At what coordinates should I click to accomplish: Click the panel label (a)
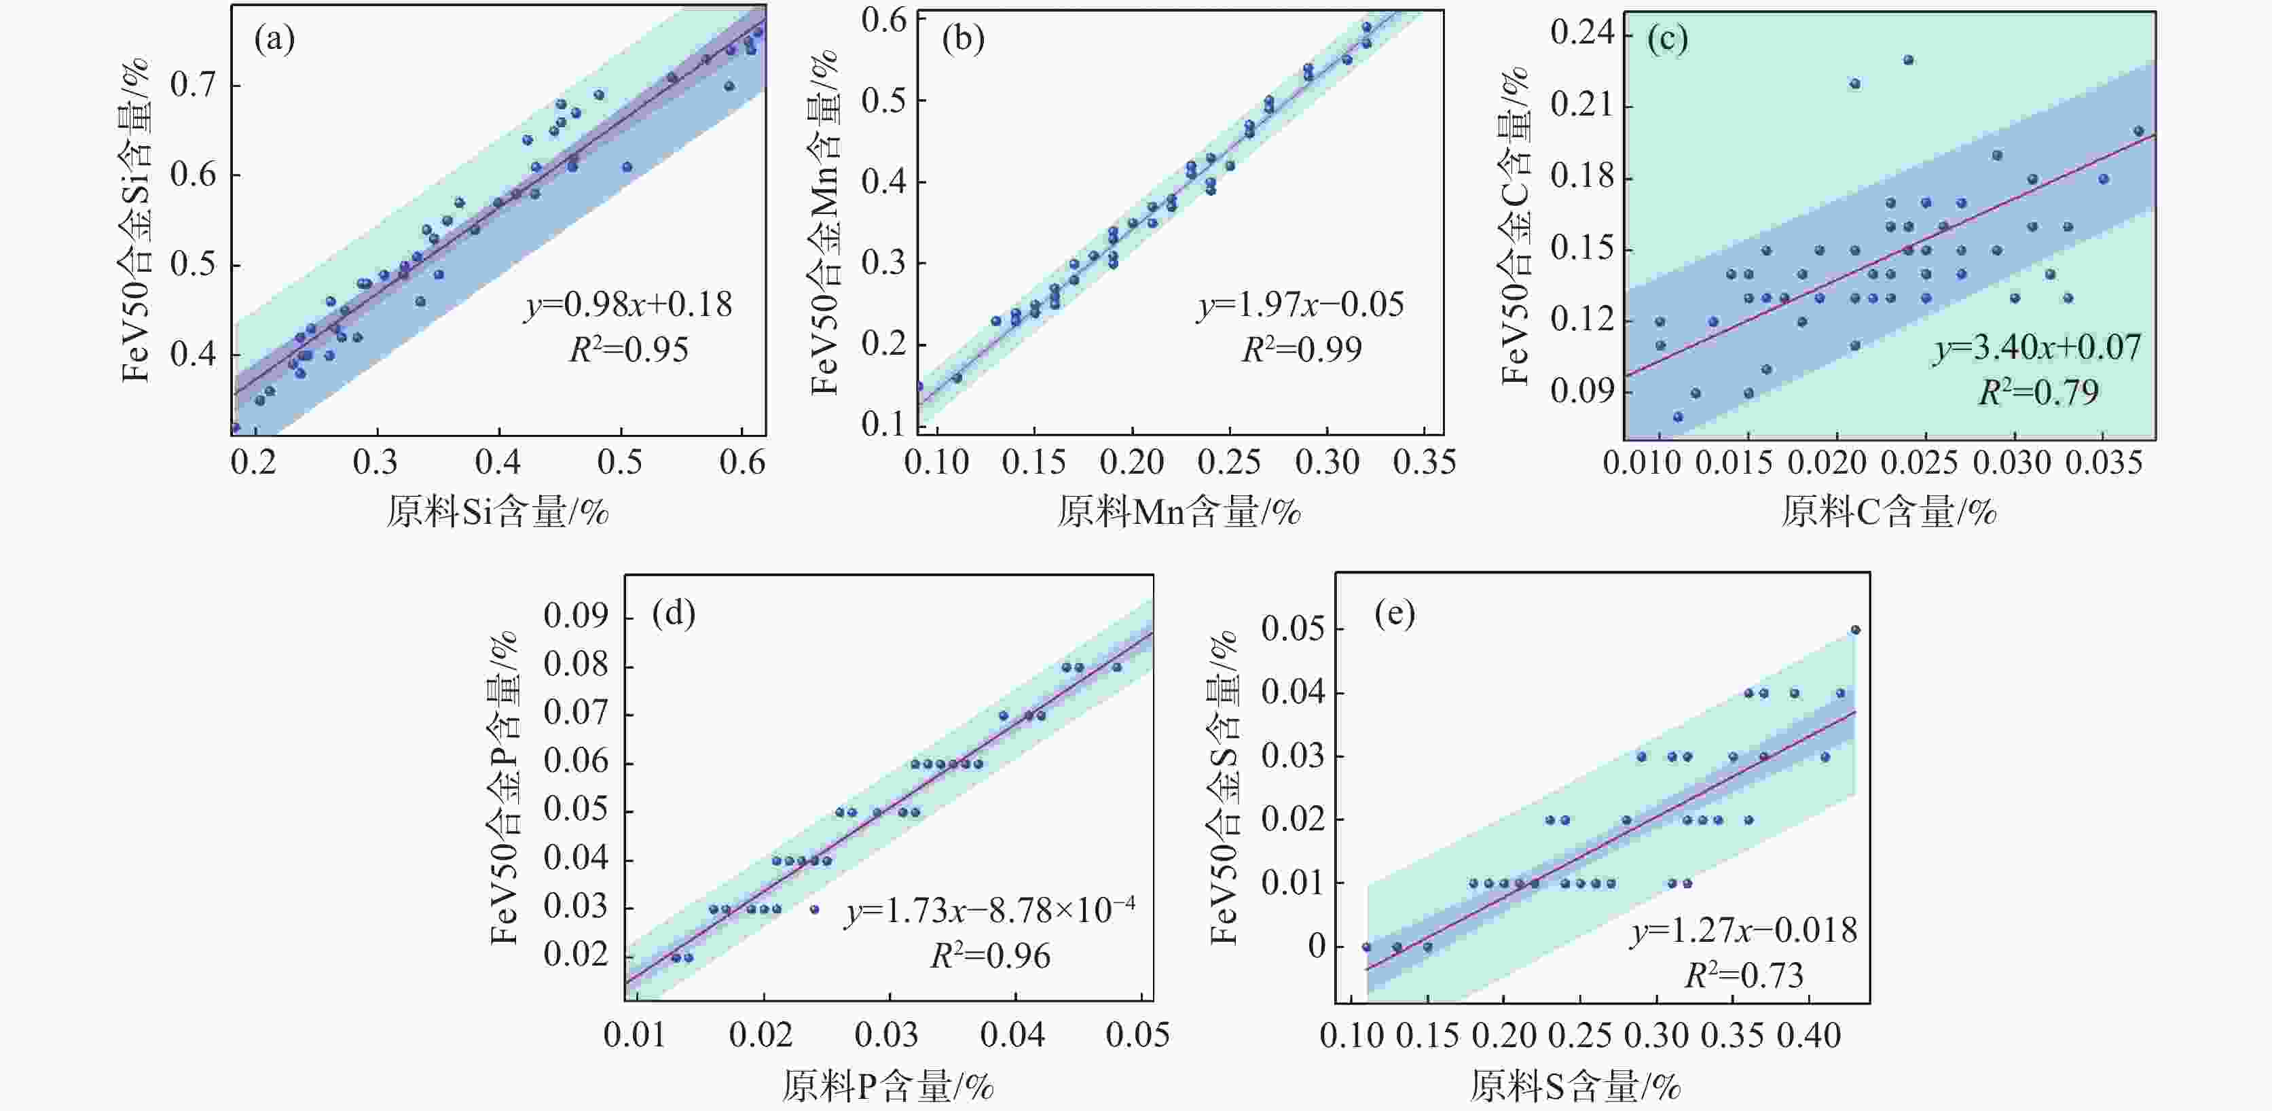point(274,39)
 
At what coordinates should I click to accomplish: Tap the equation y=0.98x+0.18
point(629,305)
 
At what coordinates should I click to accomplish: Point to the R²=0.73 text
point(1744,976)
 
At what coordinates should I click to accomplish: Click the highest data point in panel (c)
point(1908,60)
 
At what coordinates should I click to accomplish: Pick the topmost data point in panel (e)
point(1855,630)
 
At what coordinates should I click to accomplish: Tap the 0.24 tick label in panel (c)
point(1582,33)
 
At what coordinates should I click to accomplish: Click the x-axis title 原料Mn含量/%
point(1179,512)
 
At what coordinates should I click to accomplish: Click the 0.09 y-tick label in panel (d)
point(576,616)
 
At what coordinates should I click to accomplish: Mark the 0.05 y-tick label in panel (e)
point(1293,629)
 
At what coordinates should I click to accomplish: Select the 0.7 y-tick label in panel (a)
point(193,86)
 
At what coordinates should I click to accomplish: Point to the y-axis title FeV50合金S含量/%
point(1224,788)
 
